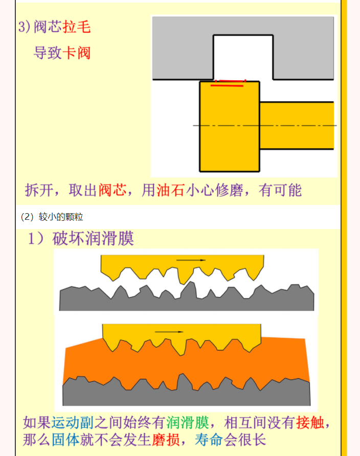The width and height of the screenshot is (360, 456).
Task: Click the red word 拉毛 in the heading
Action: point(77,27)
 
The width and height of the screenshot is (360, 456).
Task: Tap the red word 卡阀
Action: point(77,53)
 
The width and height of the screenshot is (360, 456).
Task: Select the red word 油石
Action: point(171,191)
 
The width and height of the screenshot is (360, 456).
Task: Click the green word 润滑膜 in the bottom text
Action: point(188,423)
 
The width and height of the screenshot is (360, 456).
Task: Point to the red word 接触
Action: point(310,423)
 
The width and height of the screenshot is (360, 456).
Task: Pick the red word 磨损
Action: point(166,440)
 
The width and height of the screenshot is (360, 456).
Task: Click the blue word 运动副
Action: point(73,423)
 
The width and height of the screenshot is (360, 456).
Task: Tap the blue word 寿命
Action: point(209,440)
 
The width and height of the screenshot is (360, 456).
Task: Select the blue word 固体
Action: point(66,440)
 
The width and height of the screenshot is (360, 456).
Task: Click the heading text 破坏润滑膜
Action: point(93,238)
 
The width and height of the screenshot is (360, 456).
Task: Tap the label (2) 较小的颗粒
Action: point(52,217)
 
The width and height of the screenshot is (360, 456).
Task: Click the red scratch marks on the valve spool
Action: point(228,83)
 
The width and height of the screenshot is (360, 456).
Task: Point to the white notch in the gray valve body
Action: point(243,57)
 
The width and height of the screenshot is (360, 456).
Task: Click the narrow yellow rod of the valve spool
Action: point(297,126)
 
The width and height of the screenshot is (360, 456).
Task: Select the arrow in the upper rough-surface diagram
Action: point(191,260)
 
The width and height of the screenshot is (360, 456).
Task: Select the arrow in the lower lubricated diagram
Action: point(169,332)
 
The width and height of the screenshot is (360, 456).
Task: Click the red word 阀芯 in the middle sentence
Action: point(112,191)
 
